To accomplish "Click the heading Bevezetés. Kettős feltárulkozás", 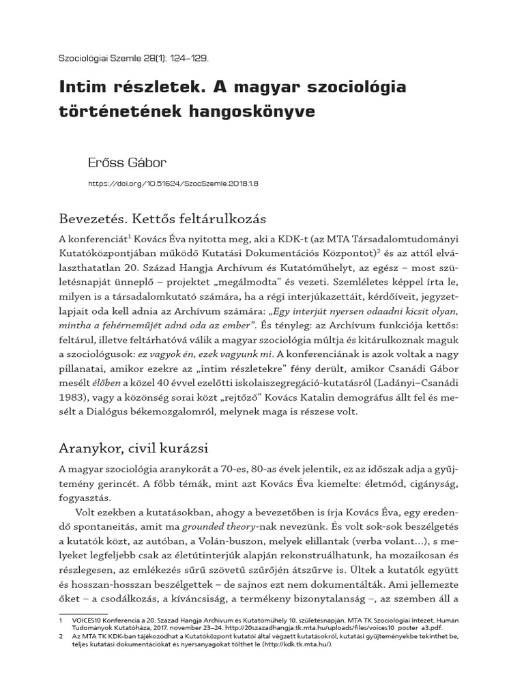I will pyautogui.click(x=162, y=220).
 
